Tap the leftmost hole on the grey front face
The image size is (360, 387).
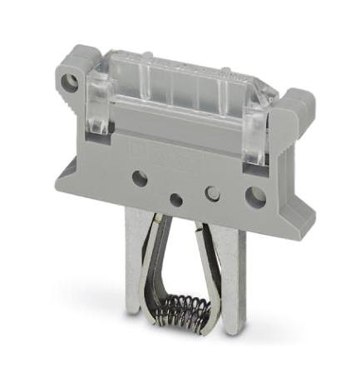pyautogui.click(x=140, y=178)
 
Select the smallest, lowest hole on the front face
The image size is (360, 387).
pyautogui.click(x=175, y=200)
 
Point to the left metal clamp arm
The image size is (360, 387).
pyautogui.click(x=150, y=266)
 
